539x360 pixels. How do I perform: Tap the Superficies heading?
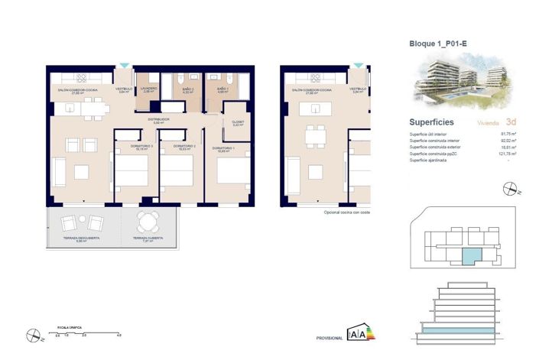[432, 122]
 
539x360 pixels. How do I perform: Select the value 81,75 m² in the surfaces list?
[509, 135]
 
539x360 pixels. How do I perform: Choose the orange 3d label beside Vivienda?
[511, 122]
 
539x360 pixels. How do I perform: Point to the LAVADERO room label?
[148, 88]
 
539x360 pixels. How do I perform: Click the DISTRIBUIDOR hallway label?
[159, 119]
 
